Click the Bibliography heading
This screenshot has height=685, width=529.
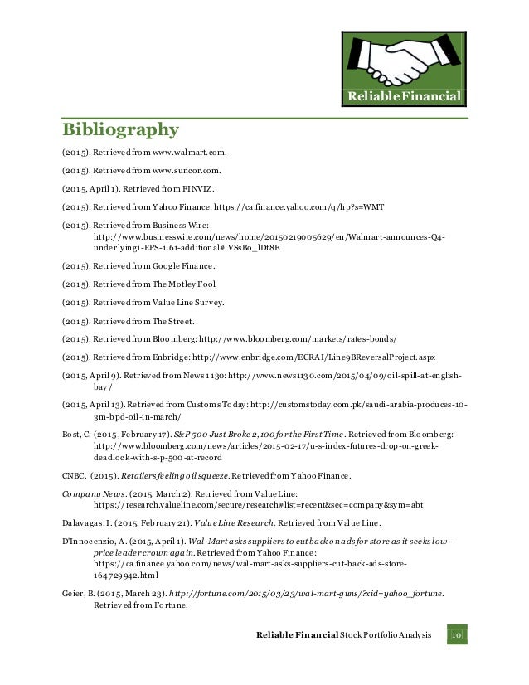[x=121, y=130]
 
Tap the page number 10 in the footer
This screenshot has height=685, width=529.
[x=456, y=634]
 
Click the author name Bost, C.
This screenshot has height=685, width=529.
[x=79, y=434]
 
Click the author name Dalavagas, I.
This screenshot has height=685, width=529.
[x=91, y=522]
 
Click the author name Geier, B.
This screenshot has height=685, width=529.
[x=81, y=594]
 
